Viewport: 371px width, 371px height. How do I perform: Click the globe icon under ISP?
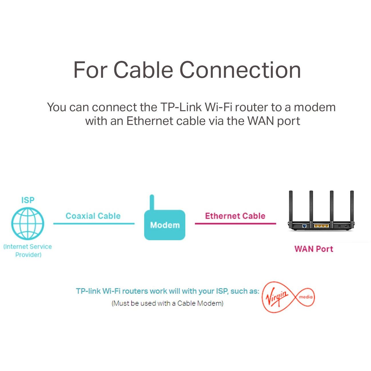[x=28, y=224]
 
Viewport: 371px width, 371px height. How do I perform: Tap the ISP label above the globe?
[x=28, y=200]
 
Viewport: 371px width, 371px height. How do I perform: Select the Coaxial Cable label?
[x=93, y=216]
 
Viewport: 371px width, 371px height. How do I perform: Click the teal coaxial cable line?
[x=94, y=224]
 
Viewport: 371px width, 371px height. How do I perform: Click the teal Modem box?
[x=165, y=225]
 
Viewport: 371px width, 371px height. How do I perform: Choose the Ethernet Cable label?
[x=235, y=216]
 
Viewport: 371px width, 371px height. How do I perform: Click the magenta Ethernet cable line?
[x=235, y=224]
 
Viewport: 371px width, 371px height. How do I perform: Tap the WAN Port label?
[x=314, y=249]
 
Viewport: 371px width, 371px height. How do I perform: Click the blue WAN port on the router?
[x=304, y=226]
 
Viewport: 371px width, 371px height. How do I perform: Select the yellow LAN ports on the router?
[x=321, y=226]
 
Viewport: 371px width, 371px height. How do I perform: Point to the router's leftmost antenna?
[x=291, y=206]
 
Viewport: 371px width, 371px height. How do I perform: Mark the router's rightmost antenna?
[x=352, y=206]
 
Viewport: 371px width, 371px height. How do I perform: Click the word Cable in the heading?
[x=143, y=70]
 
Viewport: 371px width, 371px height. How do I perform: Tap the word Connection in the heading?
[x=240, y=70]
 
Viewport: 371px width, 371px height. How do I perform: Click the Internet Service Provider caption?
[x=28, y=250]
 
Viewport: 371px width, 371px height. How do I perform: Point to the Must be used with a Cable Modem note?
[x=167, y=303]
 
